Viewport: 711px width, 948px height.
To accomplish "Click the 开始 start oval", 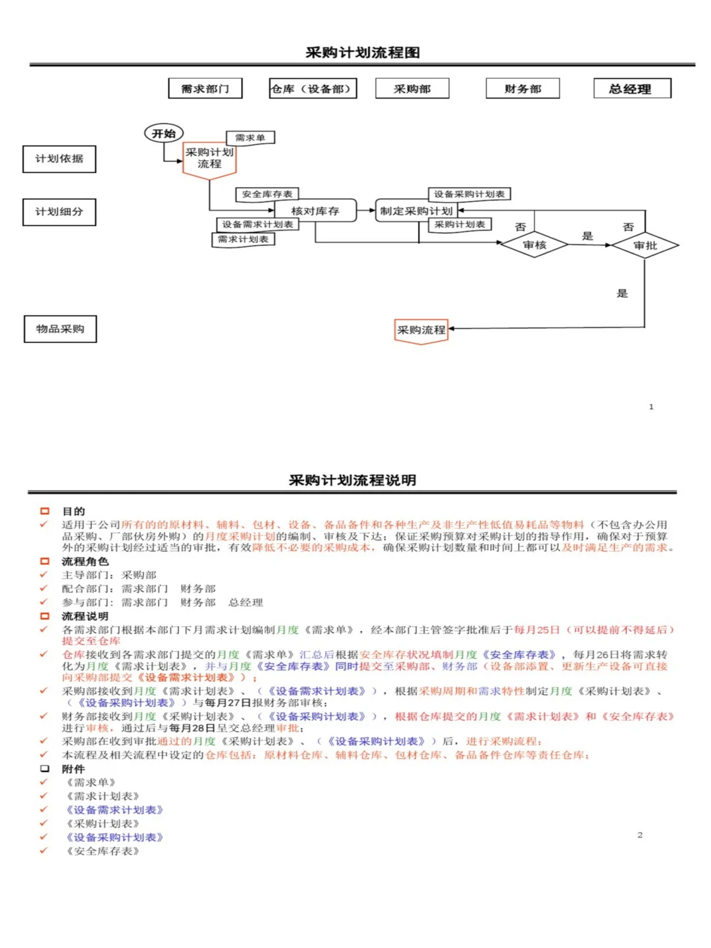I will click(163, 134).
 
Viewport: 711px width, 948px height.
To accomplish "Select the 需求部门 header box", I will click(205, 89).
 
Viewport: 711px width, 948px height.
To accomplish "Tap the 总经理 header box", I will click(632, 89).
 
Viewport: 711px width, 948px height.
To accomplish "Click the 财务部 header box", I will click(523, 89).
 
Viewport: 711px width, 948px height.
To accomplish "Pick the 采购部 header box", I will click(412, 89).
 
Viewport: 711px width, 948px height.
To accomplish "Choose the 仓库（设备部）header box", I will click(313, 89).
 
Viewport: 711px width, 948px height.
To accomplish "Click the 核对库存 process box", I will click(315, 211).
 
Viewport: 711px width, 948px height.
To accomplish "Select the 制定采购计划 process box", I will click(416, 211).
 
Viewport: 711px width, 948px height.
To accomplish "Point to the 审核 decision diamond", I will click(535, 245).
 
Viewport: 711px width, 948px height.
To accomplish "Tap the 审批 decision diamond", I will click(645, 246).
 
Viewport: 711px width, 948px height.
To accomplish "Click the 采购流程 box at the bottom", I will click(421, 330).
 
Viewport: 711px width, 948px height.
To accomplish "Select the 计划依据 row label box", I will click(59, 159).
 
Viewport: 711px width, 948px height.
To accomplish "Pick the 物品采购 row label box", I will click(60, 329).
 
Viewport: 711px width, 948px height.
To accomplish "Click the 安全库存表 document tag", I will click(267, 194).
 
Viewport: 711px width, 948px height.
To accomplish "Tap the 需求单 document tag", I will click(250, 138).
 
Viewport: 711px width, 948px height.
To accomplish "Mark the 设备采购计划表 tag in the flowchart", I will click(469, 194).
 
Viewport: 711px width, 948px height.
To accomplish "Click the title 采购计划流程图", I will click(362, 53).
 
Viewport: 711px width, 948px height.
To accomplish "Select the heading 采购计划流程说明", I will click(352, 481).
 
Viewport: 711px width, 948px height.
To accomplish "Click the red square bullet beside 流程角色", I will click(45, 562).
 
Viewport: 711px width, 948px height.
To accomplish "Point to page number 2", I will click(640, 835).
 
